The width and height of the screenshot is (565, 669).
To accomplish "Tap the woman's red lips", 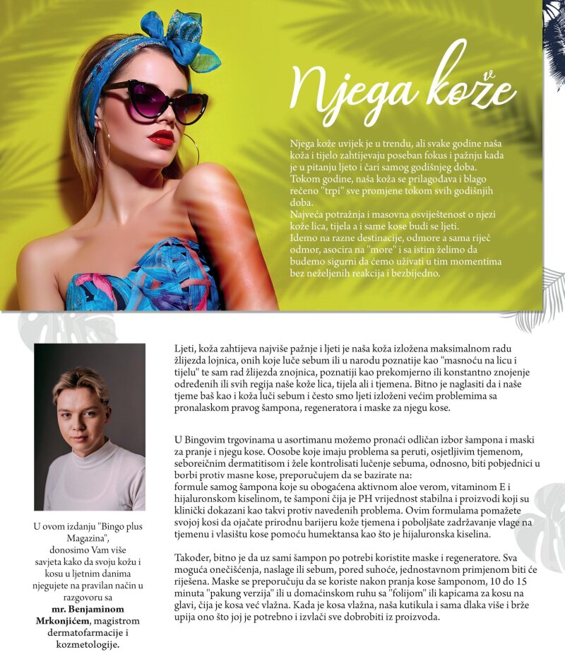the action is (x=161, y=136).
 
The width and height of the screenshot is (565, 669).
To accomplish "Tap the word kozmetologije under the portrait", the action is (x=90, y=645).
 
